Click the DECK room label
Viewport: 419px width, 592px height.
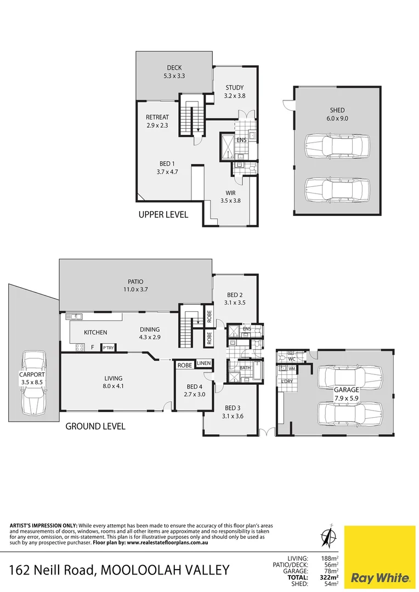click(x=174, y=68)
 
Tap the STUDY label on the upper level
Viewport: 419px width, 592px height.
click(x=235, y=88)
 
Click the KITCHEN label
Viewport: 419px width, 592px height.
click(x=95, y=332)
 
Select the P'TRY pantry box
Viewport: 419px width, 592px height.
click(x=108, y=348)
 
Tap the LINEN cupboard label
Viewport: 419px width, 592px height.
click(x=203, y=363)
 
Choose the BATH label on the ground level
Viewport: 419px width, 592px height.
click(x=246, y=367)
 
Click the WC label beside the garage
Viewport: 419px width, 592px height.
click(x=291, y=359)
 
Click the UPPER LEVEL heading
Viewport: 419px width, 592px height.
click(x=163, y=215)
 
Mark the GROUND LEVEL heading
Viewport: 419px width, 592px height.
click(x=95, y=426)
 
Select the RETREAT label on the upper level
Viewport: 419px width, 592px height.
click(x=157, y=117)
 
